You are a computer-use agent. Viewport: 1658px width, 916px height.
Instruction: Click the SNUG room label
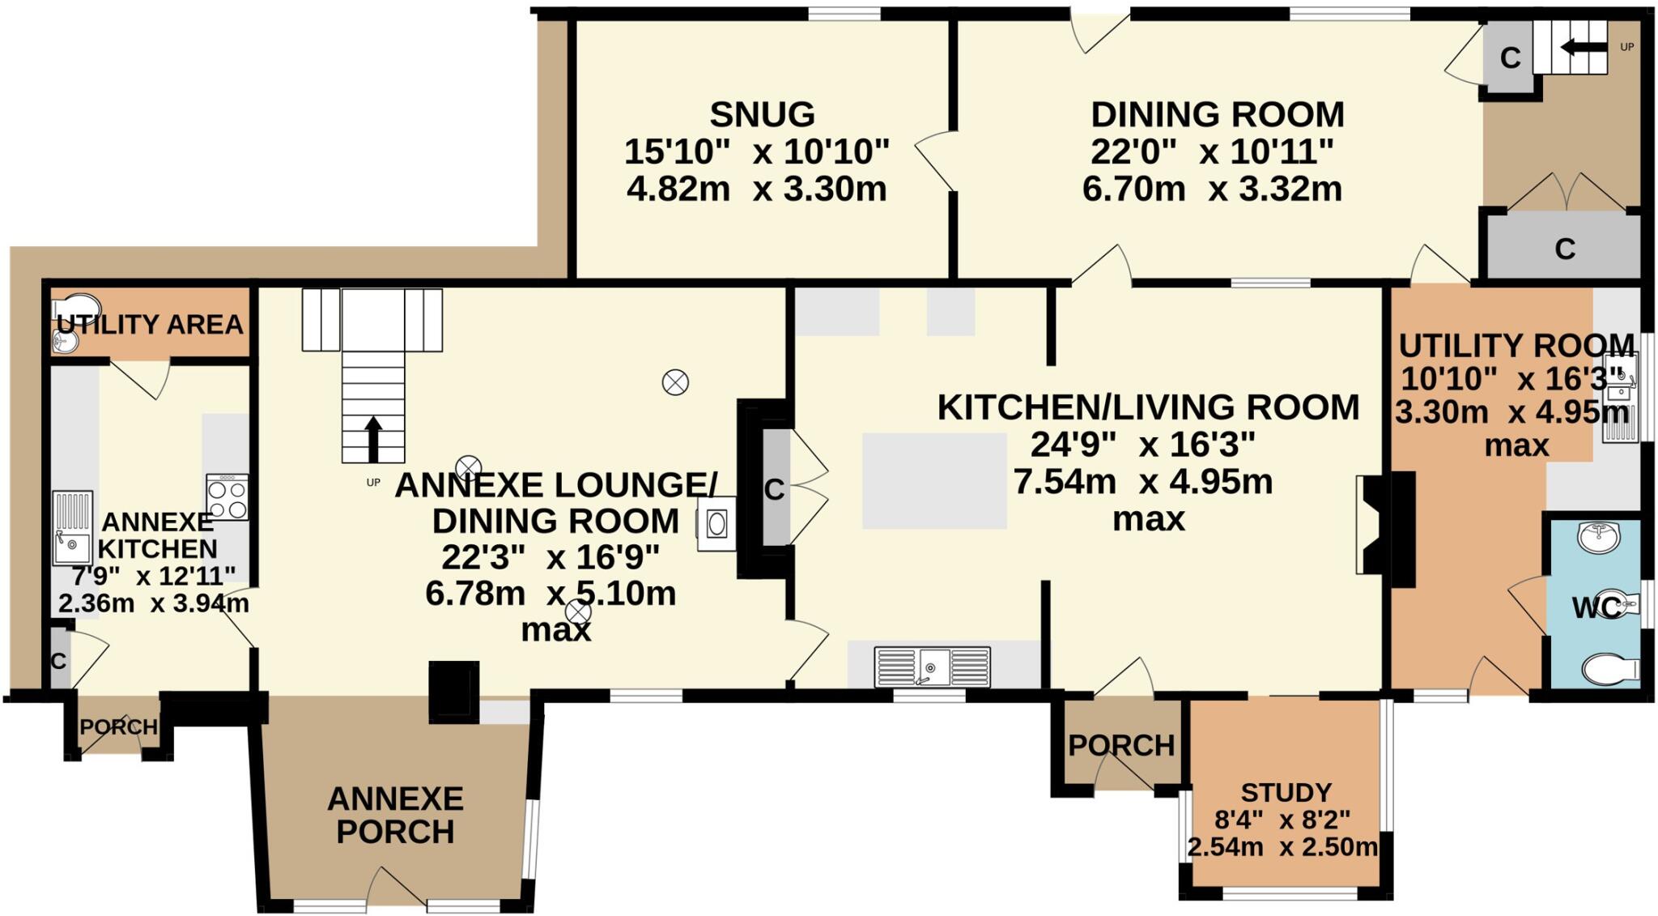[762, 114]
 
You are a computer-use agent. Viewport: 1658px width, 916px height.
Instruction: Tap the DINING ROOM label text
[1217, 114]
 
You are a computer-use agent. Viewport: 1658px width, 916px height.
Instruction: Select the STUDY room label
[1286, 792]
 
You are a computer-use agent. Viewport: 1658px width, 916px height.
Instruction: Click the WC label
[1596, 607]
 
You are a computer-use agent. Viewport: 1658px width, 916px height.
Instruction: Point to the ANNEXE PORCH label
[395, 815]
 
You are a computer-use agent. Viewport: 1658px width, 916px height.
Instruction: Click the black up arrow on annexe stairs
[372, 438]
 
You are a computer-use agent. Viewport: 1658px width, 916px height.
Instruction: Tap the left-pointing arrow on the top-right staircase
[1583, 47]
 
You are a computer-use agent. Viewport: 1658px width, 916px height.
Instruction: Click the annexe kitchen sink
[73, 528]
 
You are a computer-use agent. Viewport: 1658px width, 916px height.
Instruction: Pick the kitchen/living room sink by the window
[932, 667]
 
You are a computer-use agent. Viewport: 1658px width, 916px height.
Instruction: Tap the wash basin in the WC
[1599, 537]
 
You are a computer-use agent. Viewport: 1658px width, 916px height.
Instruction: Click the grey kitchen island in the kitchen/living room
[934, 480]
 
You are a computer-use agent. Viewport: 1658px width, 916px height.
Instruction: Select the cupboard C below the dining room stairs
[1564, 249]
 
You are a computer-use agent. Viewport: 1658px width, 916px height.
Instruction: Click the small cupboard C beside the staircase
[1510, 58]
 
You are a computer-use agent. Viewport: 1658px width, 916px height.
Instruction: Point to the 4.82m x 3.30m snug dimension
[757, 189]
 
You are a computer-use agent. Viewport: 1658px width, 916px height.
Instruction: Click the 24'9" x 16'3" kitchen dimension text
[1142, 444]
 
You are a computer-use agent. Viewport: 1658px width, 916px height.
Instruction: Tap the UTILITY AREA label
[150, 324]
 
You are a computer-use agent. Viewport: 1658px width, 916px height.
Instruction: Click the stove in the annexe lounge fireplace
[716, 523]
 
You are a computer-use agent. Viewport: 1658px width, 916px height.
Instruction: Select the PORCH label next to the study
[1120, 745]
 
